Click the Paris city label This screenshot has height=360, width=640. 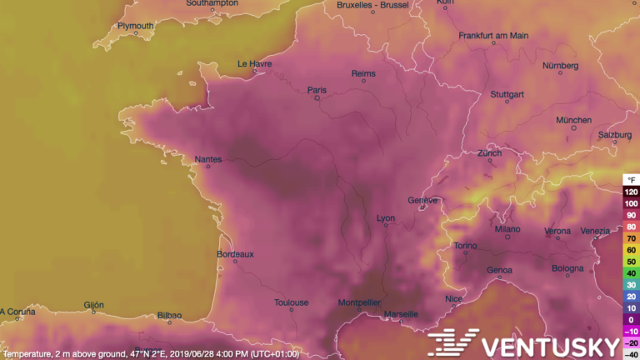[x=317, y=90]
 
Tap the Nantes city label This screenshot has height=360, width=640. [x=208, y=159]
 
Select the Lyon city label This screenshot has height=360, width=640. [x=386, y=218]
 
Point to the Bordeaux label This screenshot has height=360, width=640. [x=235, y=253]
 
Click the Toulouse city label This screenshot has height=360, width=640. [x=292, y=302]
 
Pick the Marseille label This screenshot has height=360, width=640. [x=402, y=314]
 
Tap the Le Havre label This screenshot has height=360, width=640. [x=255, y=63]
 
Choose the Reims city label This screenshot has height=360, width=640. [x=364, y=73]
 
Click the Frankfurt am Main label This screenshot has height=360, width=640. [x=493, y=36]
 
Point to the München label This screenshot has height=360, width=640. [x=574, y=120]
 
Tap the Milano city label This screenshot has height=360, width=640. [x=507, y=228]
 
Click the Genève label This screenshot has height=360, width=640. [x=422, y=200]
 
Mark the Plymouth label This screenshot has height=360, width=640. [x=135, y=26]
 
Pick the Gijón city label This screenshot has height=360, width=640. [x=93, y=305]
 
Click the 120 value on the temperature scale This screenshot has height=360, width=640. [x=631, y=192]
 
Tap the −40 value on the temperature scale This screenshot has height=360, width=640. [x=631, y=354]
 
